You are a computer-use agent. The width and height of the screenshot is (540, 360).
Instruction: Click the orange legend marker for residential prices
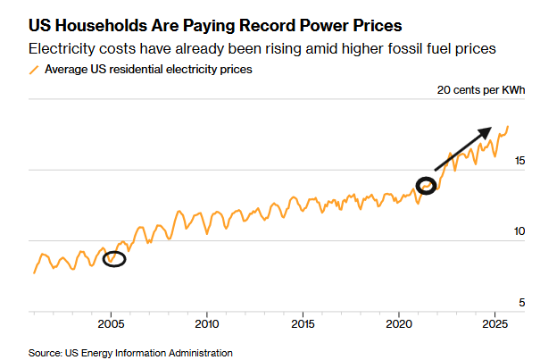click(x=35, y=69)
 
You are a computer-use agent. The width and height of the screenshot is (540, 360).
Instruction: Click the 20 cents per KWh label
click(x=481, y=90)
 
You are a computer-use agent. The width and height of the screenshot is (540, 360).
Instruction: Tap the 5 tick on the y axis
click(x=520, y=301)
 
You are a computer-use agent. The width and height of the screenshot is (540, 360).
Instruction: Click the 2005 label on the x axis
click(x=112, y=323)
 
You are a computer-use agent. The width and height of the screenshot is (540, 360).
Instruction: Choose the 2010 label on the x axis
click(x=207, y=323)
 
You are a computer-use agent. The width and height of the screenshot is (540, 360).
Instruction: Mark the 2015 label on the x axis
click(x=303, y=323)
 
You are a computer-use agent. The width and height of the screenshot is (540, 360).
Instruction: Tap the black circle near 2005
click(x=114, y=259)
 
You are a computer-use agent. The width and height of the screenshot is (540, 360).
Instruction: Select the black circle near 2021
click(x=427, y=187)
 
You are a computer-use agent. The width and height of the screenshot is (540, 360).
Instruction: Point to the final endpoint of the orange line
click(x=508, y=127)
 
